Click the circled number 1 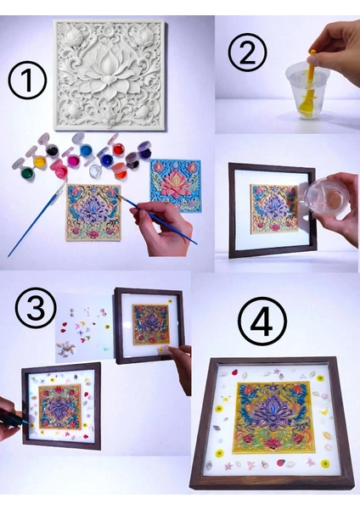(27, 81)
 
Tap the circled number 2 (247, 52)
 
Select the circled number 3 (36, 308)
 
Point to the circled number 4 (262, 321)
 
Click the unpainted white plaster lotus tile (110, 75)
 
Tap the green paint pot (26, 172)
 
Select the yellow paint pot (40, 161)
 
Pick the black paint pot (52, 150)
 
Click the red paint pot (119, 149)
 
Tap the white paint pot (96, 171)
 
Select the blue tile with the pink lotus (176, 186)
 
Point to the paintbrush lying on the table (36, 218)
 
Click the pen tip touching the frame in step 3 (26, 422)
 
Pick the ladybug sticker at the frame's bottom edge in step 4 (280, 462)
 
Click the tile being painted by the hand (93, 213)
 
